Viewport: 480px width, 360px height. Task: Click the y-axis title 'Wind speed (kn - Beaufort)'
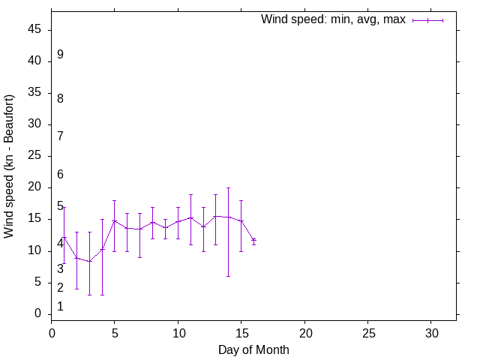pos(9,166)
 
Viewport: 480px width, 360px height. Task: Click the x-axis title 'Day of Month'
pos(253,349)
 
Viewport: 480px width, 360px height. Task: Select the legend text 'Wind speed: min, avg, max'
pos(332,19)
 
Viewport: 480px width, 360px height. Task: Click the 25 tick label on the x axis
pos(368,331)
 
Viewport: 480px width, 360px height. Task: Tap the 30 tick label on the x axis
pos(431,331)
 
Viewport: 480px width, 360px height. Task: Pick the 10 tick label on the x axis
pos(178,331)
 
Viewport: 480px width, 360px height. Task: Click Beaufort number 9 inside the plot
pos(60,55)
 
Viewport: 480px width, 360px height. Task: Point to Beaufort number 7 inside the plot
pos(60,136)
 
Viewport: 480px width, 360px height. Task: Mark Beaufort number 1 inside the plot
pos(60,307)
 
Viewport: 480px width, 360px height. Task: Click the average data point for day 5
pos(114,220)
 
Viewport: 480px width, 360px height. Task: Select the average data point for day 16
pos(253,240)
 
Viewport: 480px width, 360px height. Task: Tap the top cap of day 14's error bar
pos(228,187)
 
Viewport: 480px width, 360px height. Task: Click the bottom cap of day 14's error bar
pos(228,276)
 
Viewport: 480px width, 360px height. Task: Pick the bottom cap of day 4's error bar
pos(102,295)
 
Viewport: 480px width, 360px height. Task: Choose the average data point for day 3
pos(89,261)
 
